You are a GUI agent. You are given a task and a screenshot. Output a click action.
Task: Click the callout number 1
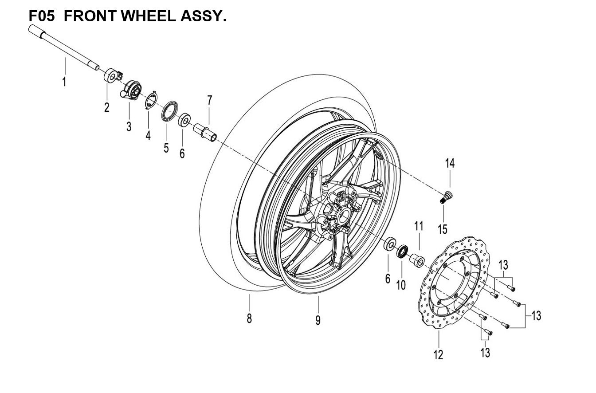[64, 82]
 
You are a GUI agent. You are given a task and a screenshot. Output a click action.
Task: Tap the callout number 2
[107, 107]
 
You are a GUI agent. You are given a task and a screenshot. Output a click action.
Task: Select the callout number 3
[129, 126]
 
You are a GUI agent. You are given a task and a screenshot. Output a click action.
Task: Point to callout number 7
[209, 101]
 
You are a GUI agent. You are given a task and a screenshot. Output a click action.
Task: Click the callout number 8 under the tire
[249, 318]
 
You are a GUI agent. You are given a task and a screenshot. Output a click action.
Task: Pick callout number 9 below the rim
[318, 320]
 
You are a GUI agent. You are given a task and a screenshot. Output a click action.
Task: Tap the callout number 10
[401, 284]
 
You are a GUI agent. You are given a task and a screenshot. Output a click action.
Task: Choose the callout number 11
[419, 226]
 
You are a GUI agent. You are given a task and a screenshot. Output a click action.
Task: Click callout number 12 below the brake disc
[438, 355]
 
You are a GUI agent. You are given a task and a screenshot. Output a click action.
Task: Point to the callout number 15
[443, 229]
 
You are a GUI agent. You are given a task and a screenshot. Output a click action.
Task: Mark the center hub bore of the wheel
[342, 216]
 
